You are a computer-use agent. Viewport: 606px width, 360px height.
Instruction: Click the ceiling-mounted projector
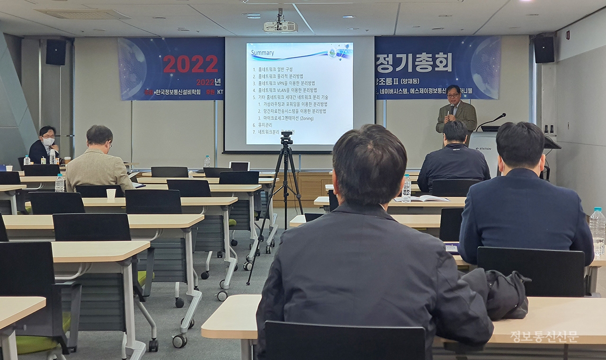(x=280, y=26)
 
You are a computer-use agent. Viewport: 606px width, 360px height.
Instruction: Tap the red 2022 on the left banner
(x=190, y=64)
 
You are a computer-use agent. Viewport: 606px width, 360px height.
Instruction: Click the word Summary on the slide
(x=262, y=53)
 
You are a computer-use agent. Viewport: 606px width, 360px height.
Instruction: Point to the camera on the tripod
(x=286, y=139)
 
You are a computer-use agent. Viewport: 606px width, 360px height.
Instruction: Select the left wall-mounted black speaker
(x=56, y=52)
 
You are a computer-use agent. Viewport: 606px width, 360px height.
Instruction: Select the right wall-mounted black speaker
(x=544, y=49)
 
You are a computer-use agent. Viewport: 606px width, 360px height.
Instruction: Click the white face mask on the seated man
(x=48, y=141)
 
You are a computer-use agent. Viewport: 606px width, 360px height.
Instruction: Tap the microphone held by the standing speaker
(x=452, y=109)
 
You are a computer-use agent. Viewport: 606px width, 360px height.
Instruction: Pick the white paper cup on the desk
(x=111, y=194)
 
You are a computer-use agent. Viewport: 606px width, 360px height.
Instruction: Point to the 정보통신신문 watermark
(x=544, y=337)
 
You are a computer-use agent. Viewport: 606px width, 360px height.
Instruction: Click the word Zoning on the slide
(x=306, y=118)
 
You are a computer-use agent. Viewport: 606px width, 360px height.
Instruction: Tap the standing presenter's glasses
(x=453, y=95)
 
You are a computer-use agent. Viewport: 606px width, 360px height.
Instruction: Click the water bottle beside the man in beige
(x=59, y=183)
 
